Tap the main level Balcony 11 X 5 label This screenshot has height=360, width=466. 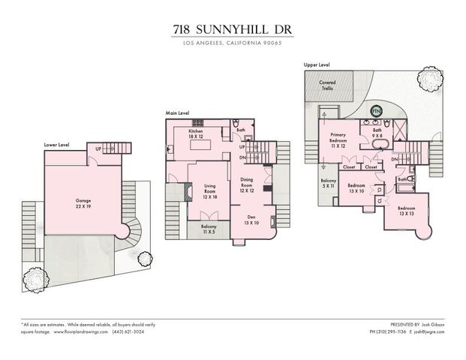click(x=209, y=229)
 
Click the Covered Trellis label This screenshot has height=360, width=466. click(x=328, y=85)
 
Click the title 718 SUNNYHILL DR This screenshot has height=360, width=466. click(x=233, y=31)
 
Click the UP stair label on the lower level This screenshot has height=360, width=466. click(x=98, y=148)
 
